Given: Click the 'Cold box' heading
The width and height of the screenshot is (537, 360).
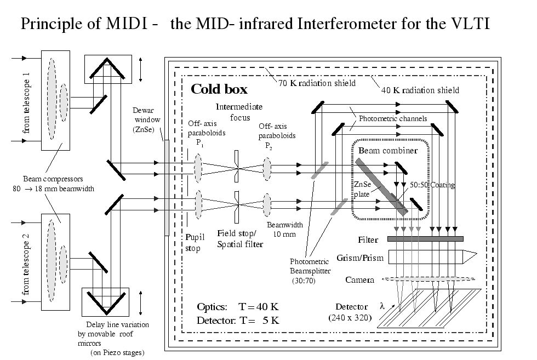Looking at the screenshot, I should click(219, 89).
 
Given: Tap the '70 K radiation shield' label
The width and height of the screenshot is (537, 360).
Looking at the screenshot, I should click(317, 84).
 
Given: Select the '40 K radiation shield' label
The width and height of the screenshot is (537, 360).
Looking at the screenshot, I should click(420, 90).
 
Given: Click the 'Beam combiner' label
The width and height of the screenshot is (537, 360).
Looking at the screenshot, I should click(387, 150).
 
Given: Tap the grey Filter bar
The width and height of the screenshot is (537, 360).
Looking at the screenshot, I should click(425, 238).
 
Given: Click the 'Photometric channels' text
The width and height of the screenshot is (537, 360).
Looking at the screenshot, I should click(393, 119).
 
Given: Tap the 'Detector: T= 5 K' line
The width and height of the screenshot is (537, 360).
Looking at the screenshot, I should click(238, 321).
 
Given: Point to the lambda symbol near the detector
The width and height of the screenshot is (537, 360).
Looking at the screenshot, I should click(382, 305).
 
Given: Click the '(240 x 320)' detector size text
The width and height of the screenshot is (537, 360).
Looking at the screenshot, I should click(350, 317).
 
